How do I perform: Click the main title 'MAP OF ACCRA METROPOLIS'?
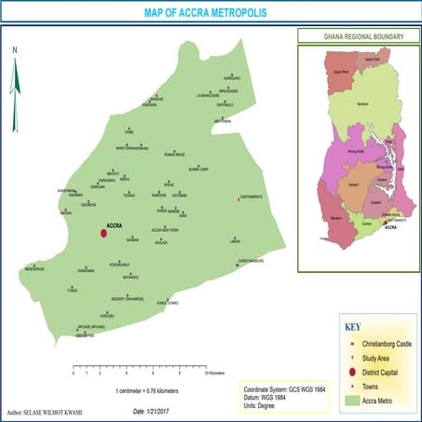[211, 15]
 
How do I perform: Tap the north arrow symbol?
[16, 79]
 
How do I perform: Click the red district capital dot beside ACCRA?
[103, 234]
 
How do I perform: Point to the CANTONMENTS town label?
[252, 197]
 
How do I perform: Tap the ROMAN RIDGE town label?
[175, 154]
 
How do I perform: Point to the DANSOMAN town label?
[86, 271]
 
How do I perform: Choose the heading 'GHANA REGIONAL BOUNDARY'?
[356, 36]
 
